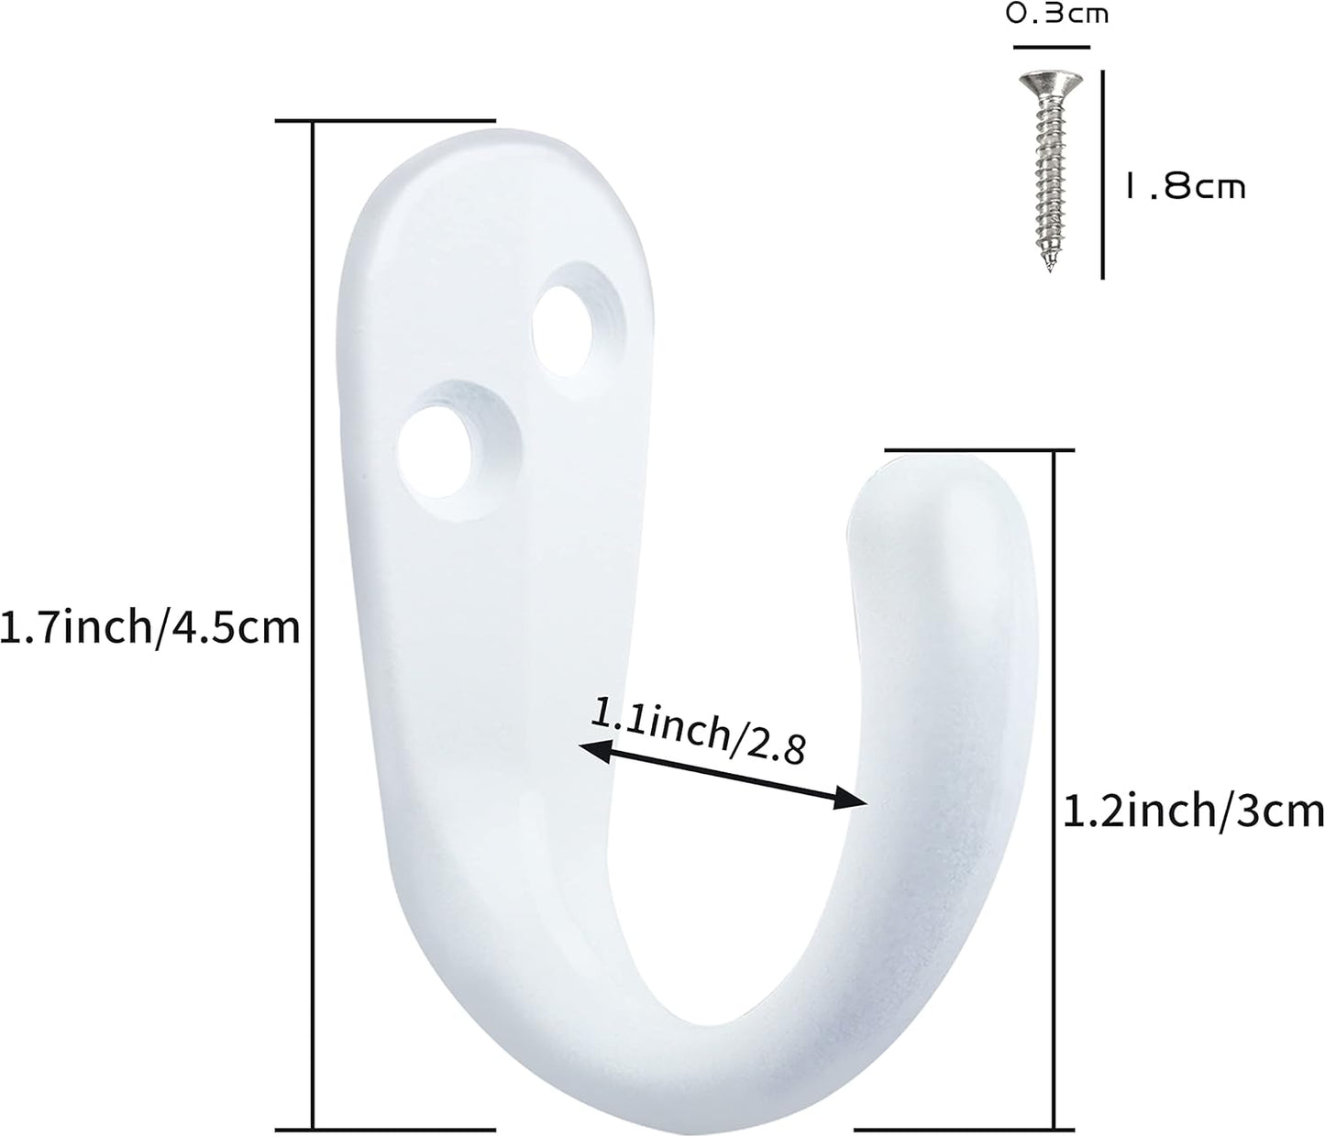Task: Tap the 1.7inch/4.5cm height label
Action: (150, 628)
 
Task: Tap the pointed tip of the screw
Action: (1048, 268)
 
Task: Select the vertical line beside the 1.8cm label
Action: (1102, 174)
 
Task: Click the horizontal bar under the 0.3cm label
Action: (1051, 46)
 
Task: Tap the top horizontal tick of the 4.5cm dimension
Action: (385, 120)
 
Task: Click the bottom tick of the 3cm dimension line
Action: (963, 1129)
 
